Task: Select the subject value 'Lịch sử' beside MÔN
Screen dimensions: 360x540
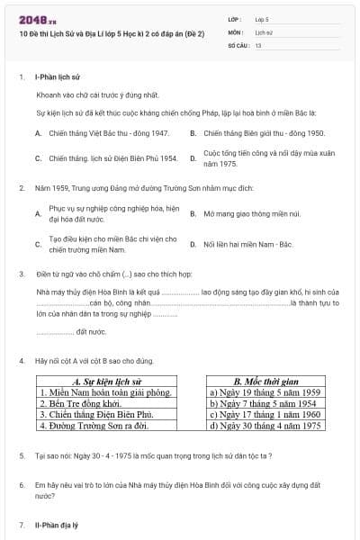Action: [264, 31]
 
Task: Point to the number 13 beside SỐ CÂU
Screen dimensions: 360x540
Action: [258, 43]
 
